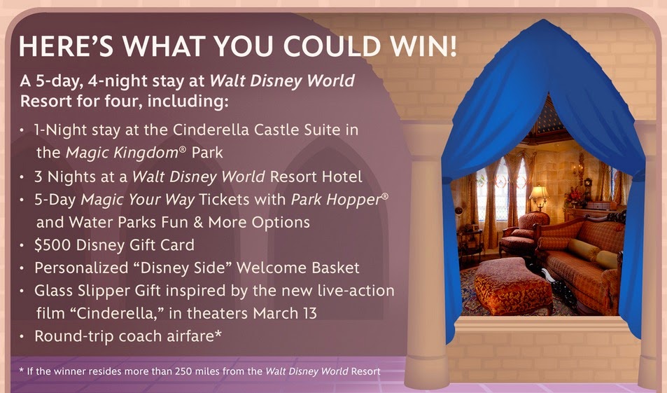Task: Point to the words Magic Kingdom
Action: [x=122, y=153]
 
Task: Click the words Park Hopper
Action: [x=336, y=200]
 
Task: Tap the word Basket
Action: [x=335, y=268]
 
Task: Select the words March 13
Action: [x=285, y=313]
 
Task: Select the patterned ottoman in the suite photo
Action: [x=512, y=286]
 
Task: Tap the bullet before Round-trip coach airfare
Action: [x=22, y=336]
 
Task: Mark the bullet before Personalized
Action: [x=22, y=268]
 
